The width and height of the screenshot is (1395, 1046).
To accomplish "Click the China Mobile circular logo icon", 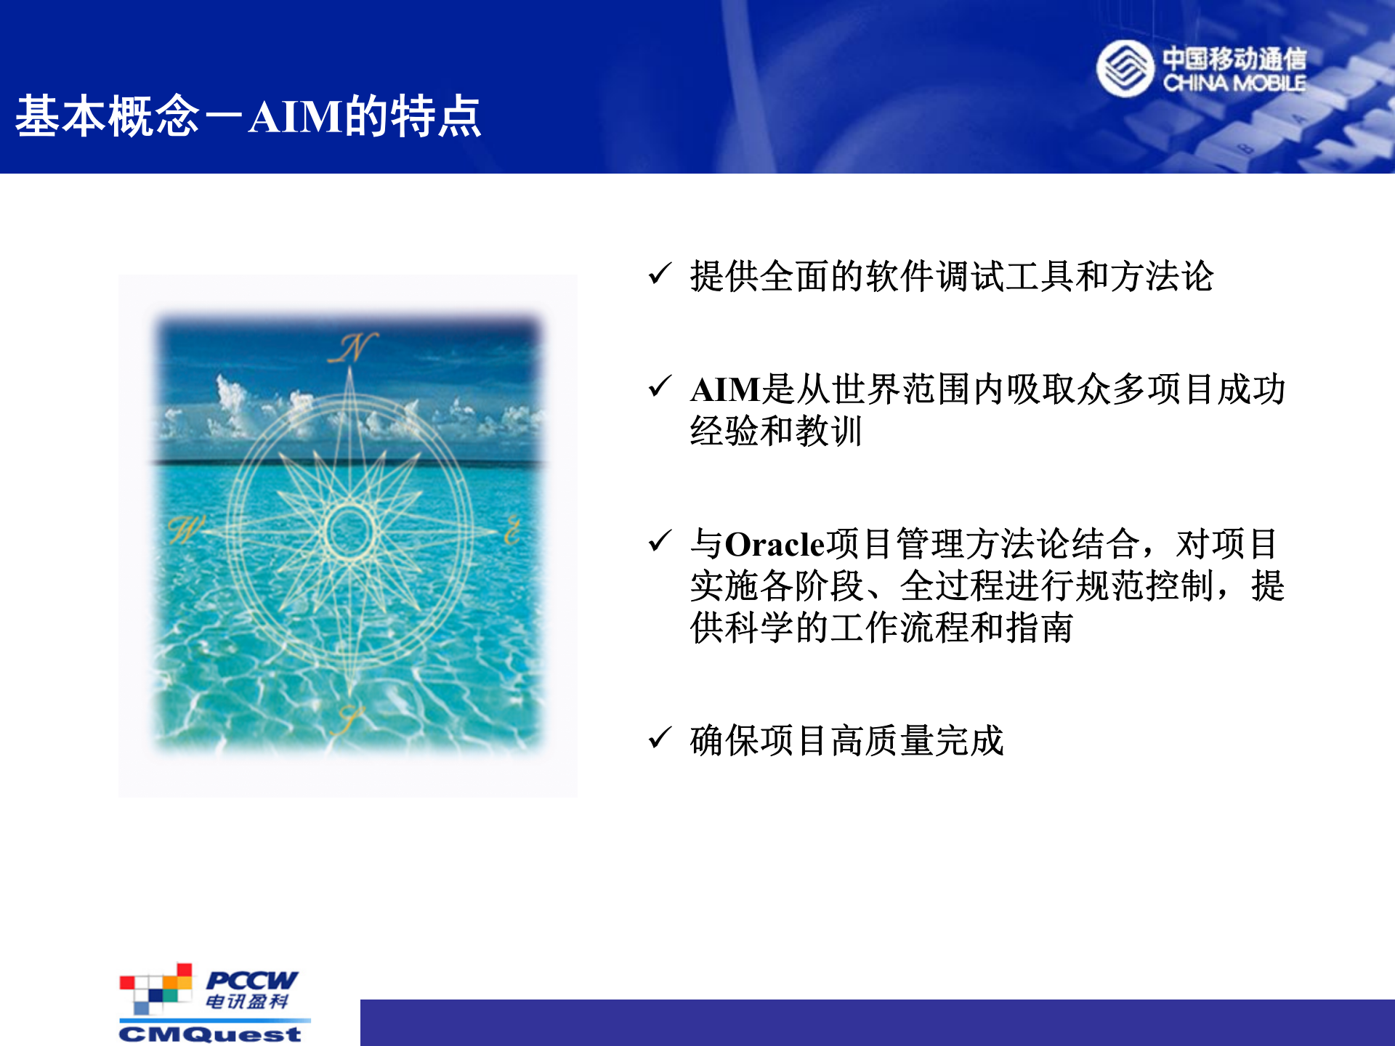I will tap(1124, 68).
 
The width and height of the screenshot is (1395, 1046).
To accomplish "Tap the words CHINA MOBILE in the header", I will tap(1234, 84).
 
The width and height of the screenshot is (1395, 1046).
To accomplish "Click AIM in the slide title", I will tap(295, 117).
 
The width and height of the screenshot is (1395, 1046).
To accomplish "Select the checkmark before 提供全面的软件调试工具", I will tap(660, 274).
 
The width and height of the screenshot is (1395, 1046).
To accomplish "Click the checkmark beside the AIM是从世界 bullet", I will tap(660, 386).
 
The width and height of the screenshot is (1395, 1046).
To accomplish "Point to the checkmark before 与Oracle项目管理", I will tap(660, 541).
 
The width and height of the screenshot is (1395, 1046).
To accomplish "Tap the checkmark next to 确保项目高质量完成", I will tap(660, 738).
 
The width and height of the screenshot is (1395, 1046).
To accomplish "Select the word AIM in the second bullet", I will tap(725, 390).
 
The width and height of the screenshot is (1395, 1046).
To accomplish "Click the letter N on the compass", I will tap(352, 348).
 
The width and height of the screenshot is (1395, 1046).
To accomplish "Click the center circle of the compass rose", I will tap(349, 531).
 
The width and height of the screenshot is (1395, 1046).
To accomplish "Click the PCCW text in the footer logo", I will tap(251, 980).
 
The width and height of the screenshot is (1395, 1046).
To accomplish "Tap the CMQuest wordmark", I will tap(210, 1034).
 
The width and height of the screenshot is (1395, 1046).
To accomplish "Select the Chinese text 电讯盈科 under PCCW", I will tap(247, 1002).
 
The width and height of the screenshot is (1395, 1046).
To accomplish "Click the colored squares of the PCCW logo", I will tap(156, 989).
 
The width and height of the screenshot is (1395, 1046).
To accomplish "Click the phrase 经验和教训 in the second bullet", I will tap(775, 431).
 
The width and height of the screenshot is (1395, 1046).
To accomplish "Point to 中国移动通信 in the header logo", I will tap(1234, 58).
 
